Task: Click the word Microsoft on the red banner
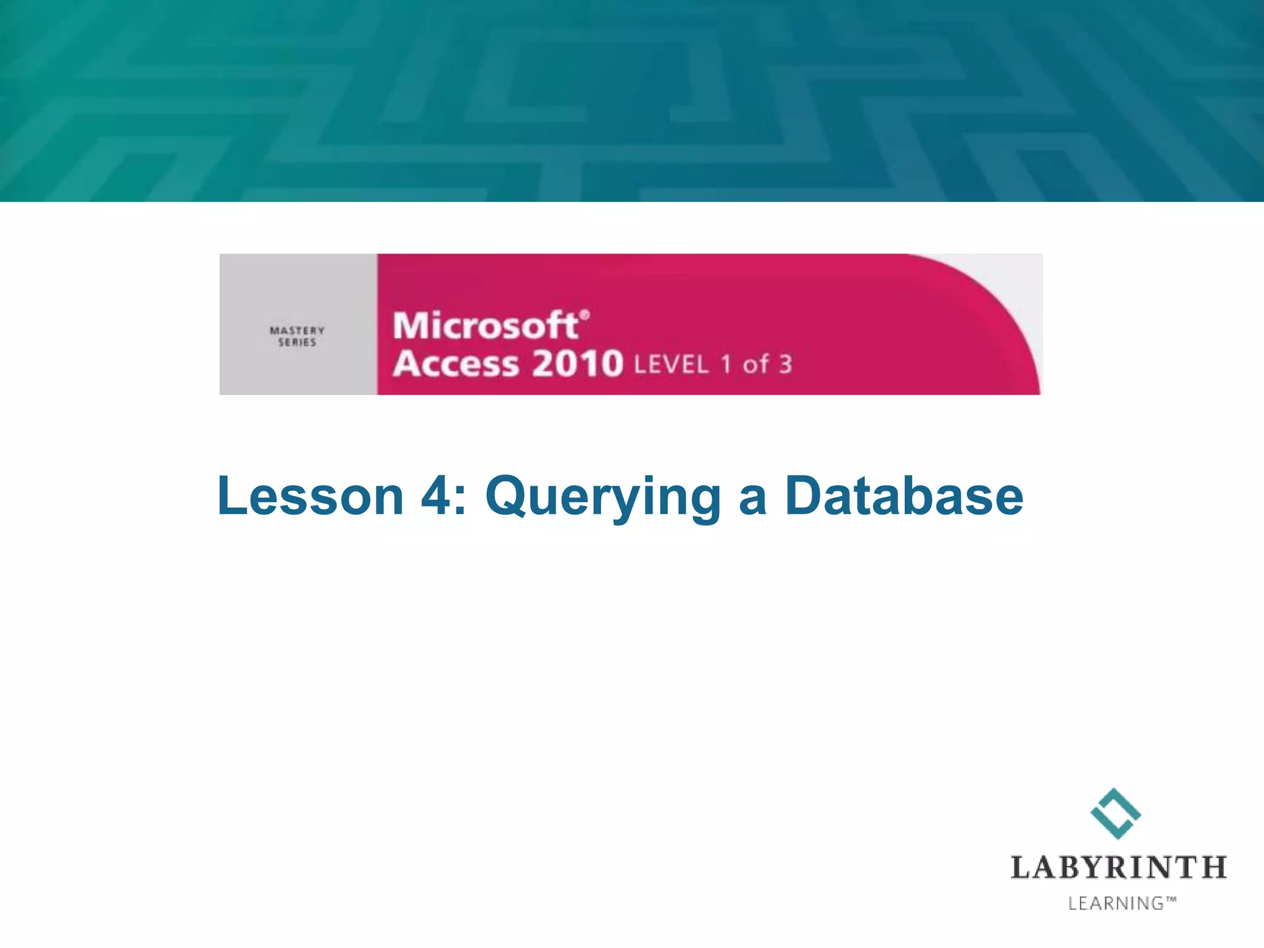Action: [486, 326]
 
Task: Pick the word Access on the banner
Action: [456, 364]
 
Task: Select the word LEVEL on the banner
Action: [671, 365]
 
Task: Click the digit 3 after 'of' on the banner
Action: [785, 364]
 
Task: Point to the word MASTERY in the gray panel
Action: [297, 331]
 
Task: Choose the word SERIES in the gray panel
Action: [297, 343]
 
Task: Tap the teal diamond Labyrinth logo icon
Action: [1115, 813]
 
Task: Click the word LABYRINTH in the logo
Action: [1118, 867]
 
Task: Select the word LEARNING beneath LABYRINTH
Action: [1116, 904]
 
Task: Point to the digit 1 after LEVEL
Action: [726, 364]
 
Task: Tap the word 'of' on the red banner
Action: [755, 364]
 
